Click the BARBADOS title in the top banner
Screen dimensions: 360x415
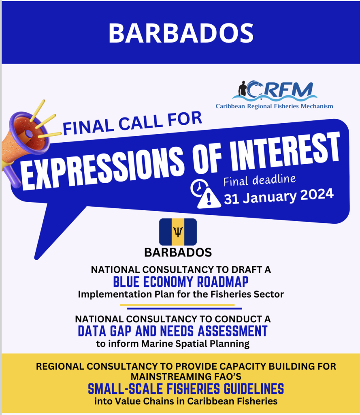point(181,33)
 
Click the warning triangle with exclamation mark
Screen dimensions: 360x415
point(209,198)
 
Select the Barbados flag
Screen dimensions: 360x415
point(178,232)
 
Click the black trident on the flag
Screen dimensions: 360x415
point(178,232)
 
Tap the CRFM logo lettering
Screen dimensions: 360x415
point(280,90)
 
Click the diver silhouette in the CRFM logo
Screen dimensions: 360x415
point(242,89)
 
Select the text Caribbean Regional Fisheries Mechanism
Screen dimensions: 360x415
point(274,106)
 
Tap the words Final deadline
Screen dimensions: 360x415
point(260,180)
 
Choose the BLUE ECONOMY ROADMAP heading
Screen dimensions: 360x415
point(181,282)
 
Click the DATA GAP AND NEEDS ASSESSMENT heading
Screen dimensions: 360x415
point(173,331)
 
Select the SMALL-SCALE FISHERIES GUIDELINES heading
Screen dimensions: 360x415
point(186,389)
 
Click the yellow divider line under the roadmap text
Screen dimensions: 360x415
point(177,305)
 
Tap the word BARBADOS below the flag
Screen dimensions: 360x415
point(178,252)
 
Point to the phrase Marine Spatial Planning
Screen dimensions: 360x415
point(195,344)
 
